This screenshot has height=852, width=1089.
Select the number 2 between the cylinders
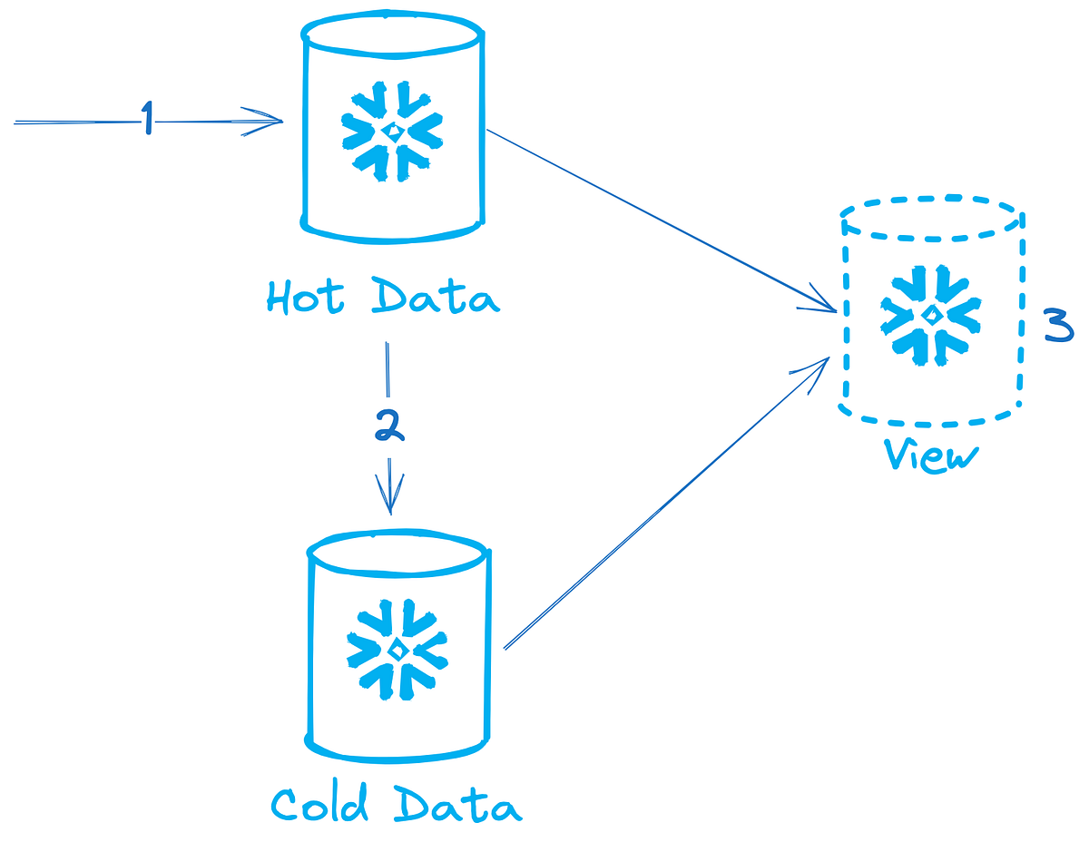coord(389,426)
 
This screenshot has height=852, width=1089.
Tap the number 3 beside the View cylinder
coord(1058,326)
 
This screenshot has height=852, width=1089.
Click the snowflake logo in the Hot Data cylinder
coord(391,131)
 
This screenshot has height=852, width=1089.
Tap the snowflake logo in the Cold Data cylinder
coord(397,649)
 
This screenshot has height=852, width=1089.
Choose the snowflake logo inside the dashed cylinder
coord(930,315)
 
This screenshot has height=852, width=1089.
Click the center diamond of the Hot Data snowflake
coord(391,132)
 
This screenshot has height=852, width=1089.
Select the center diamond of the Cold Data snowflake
coord(397,650)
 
